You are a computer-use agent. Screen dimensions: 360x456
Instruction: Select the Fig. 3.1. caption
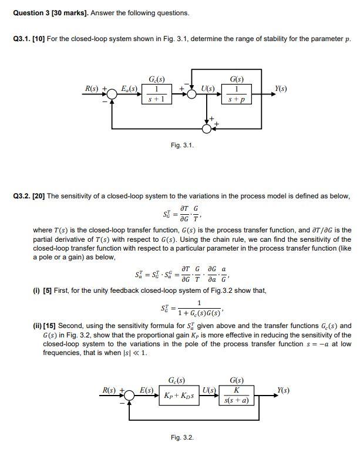[x=183, y=145]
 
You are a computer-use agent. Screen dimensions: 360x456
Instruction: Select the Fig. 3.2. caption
[x=182, y=438]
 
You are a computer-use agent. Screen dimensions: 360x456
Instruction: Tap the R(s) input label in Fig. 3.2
[x=110, y=389]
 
